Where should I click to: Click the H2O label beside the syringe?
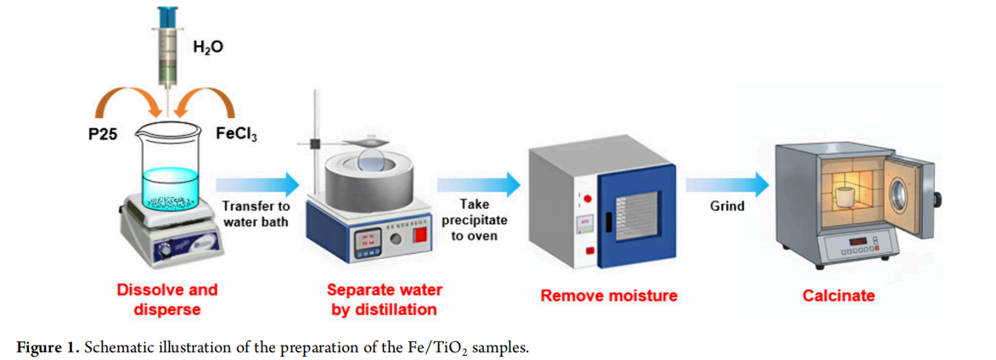point(208,47)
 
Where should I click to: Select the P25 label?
point(103,135)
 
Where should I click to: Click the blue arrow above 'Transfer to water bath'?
point(257,185)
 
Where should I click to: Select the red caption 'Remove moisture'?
point(609,295)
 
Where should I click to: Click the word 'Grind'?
point(727,207)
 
